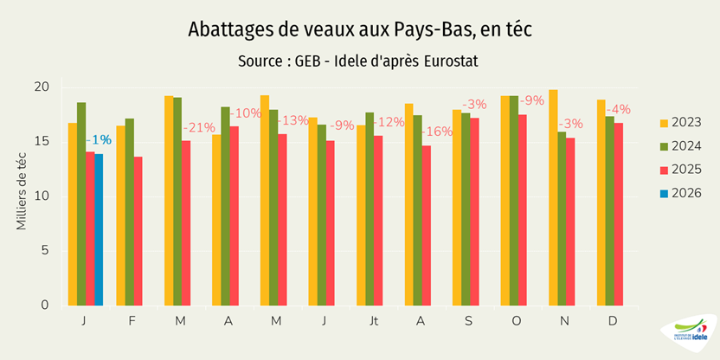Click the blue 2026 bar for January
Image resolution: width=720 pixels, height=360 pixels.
click(x=99, y=229)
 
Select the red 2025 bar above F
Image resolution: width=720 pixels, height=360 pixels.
click(x=138, y=231)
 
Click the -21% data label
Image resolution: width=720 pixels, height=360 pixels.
click(x=199, y=128)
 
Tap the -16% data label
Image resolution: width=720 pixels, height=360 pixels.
click(x=436, y=132)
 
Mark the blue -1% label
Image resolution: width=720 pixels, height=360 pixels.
click(x=98, y=140)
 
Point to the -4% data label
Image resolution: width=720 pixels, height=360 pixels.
click(x=618, y=110)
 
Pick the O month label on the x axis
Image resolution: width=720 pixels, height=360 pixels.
click(x=515, y=320)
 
